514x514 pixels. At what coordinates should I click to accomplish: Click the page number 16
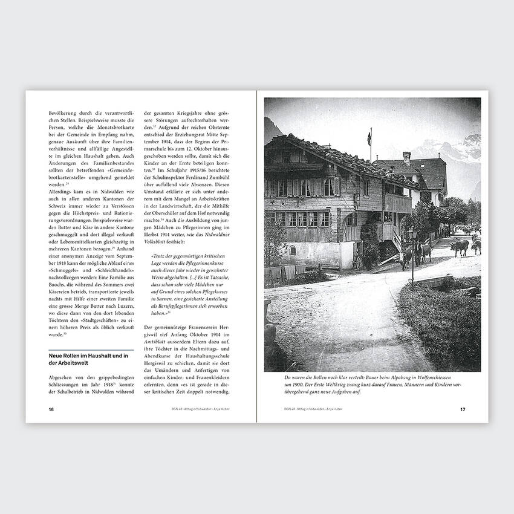click(x=51, y=409)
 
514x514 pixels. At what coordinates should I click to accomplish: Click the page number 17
click(x=463, y=409)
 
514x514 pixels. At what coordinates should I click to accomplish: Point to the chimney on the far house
click(x=406, y=158)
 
